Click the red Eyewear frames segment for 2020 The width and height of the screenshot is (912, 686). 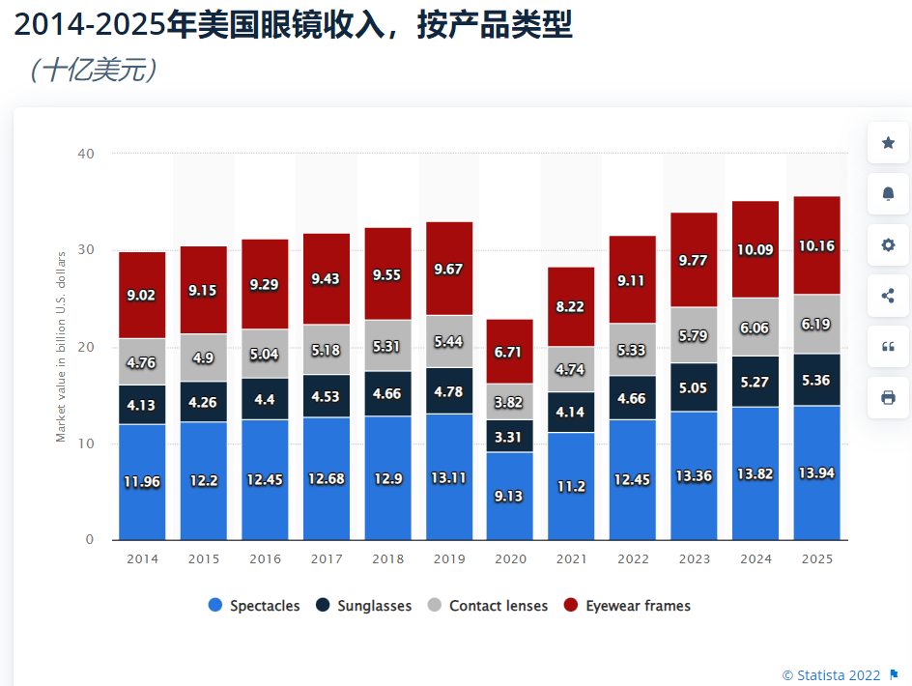point(510,351)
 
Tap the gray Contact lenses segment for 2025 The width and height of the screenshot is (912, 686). point(816,325)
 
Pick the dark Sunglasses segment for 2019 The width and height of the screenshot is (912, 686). point(449,391)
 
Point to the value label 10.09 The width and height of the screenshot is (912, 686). point(755,250)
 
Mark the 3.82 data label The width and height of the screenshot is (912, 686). point(510,403)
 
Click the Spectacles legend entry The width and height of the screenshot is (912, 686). point(254,606)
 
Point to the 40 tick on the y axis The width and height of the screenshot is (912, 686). point(87,154)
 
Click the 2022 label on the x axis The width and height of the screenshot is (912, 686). point(633,559)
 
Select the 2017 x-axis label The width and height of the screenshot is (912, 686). point(327,559)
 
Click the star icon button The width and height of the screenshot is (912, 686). point(888,143)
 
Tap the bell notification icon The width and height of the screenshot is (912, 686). point(888,194)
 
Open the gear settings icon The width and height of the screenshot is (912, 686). point(888,245)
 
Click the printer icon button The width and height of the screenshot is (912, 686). point(888,397)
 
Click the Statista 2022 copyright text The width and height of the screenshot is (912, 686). point(833,674)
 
